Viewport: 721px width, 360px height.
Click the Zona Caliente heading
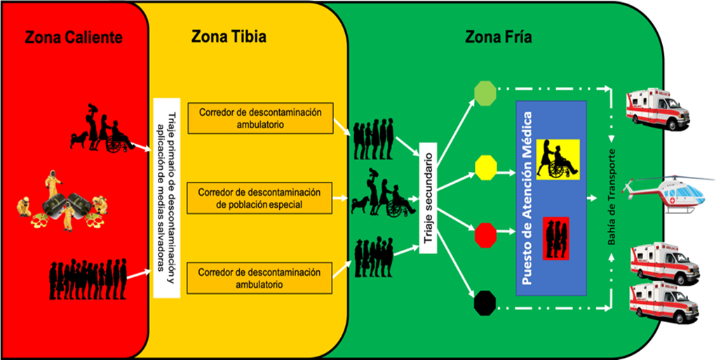point(74,37)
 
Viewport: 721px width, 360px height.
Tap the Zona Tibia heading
point(229,37)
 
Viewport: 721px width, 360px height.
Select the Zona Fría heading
point(498,37)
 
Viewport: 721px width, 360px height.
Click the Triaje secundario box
point(428,199)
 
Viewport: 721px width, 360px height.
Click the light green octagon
point(485,92)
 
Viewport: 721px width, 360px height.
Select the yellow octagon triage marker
point(485,166)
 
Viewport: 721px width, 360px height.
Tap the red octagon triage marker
point(485,233)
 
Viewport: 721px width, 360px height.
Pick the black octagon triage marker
point(485,304)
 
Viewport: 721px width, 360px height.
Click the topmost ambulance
point(656,107)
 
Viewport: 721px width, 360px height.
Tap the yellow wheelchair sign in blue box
point(557,157)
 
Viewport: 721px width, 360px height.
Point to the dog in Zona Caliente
point(79,140)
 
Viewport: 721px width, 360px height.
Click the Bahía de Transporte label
point(613,196)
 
